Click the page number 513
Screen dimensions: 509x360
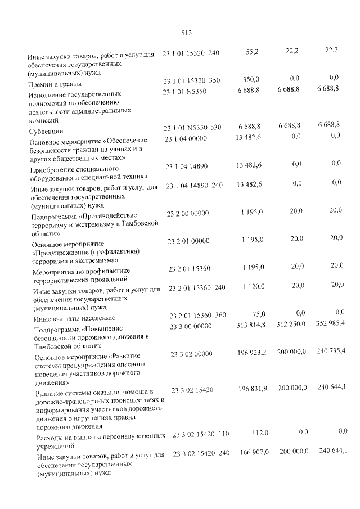click(187, 33)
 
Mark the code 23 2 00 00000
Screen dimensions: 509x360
click(188, 213)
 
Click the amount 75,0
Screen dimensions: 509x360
click(259, 313)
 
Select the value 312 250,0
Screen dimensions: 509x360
click(292, 325)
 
